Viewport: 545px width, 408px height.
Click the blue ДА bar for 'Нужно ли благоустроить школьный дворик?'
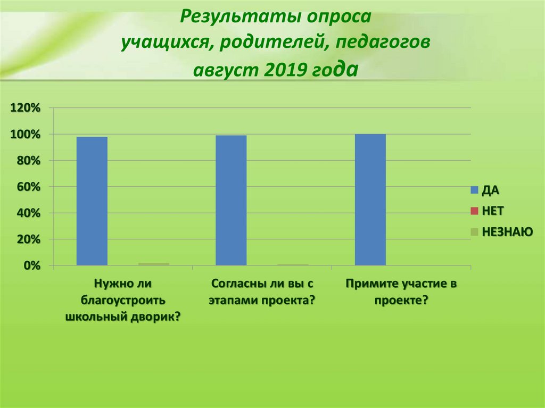(x=92, y=201)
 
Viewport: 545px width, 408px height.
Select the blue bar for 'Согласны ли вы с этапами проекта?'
(x=231, y=200)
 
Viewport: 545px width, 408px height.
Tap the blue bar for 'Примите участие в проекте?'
(x=370, y=199)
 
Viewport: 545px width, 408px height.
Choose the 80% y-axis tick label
(x=28, y=161)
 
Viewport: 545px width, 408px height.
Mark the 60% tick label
(x=28, y=187)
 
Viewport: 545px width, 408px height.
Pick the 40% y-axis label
(x=28, y=213)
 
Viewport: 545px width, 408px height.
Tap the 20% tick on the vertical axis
(x=28, y=239)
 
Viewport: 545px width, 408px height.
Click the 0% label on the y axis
(x=30, y=265)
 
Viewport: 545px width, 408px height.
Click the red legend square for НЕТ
(x=474, y=211)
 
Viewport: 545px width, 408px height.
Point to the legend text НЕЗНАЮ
(x=507, y=231)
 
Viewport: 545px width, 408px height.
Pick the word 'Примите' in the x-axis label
(x=370, y=283)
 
